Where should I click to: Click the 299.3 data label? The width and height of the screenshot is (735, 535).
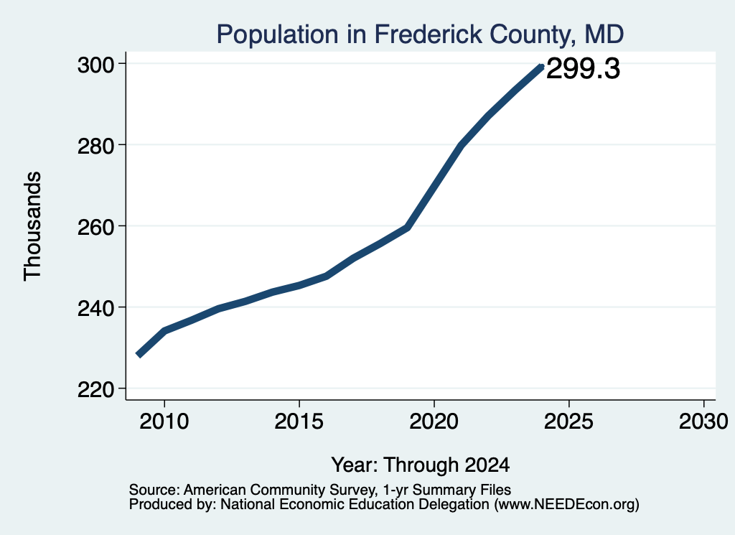pyautogui.click(x=583, y=68)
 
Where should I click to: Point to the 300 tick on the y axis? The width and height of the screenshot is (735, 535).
pyautogui.click(x=96, y=65)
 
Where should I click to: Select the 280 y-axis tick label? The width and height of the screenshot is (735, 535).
pyautogui.click(x=96, y=146)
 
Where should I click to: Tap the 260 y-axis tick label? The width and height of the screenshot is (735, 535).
pyautogui.click(x=96, y=227)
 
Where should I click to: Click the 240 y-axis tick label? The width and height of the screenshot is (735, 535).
pyautogui.click(x=96, y=308)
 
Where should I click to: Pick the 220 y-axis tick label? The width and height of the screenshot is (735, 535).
pyautogui.click(x=96, y=389)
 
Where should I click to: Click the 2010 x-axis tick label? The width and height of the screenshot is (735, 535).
pyautogui.click(x=164, y=421)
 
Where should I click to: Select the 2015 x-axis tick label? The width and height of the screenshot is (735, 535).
pyautogui.click(x=299, y=421)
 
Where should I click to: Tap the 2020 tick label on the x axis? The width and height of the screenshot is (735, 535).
pyautogui.click(x=434, y=421)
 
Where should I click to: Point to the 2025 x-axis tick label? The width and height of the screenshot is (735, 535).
pyautogui.click(x=568, y=421)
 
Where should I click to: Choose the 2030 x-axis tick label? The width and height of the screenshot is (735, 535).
pyautogui.click(x=703, y=421)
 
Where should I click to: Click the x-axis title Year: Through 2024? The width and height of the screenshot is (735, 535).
pyautogui.click(x=421, y=465)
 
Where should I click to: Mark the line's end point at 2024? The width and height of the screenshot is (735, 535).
pyautogui.click(x=541, y=68)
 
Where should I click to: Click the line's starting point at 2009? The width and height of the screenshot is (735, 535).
pyautogui.click(x=139, y=355)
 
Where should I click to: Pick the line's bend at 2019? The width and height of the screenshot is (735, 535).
pyautogui.click(x=408, y=228)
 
